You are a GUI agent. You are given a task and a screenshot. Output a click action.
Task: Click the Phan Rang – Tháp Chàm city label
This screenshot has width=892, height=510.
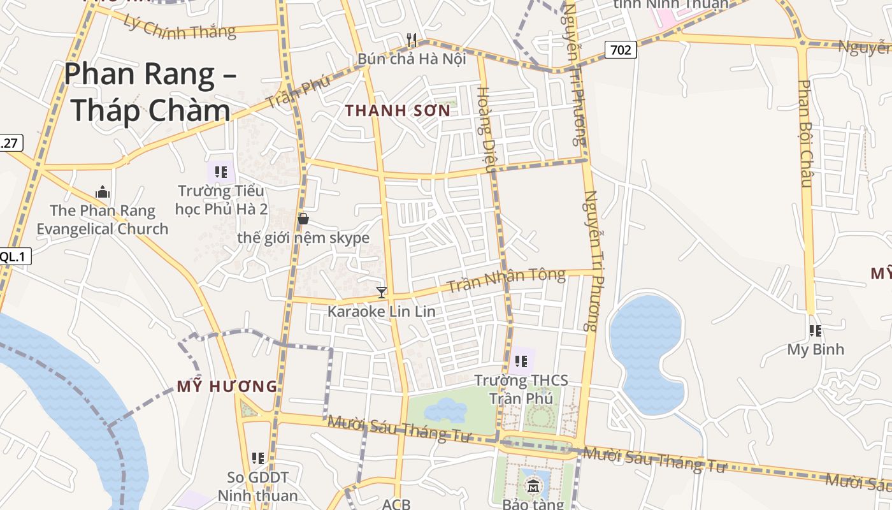tap(150, 92)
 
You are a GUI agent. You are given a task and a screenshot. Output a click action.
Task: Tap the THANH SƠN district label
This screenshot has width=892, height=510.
tap(398, 110)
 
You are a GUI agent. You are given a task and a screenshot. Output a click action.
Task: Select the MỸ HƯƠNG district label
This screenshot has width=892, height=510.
tap(227, 386)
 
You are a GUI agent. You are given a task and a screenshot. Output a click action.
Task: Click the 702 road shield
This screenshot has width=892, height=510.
tap(621, 49)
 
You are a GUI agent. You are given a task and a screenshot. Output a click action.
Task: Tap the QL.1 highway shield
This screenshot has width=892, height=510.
tap(14, 256)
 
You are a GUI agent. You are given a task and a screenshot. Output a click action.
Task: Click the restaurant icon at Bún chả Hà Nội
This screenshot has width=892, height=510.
tap(412, 40)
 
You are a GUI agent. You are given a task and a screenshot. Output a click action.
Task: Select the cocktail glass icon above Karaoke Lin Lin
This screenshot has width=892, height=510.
tap(382, 293)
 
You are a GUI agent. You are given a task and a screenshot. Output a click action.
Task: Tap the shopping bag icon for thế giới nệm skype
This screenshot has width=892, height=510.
tap(303, 219)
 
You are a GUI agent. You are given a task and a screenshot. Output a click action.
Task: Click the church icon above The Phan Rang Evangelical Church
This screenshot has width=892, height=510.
tap(102, 192)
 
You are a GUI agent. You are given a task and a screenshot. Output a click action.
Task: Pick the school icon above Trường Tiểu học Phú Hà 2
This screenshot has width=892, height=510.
tap(221, 172)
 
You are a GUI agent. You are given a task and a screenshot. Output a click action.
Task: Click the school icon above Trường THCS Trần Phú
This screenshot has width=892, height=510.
tap(521, 362)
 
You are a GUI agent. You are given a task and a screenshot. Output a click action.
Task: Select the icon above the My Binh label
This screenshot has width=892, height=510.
tap(815, 331)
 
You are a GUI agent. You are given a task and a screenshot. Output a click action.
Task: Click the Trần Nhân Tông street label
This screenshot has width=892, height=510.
tap(506, 280)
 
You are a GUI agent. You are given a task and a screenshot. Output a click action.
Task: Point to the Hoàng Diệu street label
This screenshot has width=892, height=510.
tap(486, 129)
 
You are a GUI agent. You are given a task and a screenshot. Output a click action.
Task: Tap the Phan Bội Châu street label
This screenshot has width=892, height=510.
tap(805, 134)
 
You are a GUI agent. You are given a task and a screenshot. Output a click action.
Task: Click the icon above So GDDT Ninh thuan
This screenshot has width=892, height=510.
tap(258, 458)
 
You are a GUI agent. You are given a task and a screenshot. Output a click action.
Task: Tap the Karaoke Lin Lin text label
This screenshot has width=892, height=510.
tap(381, 312)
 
